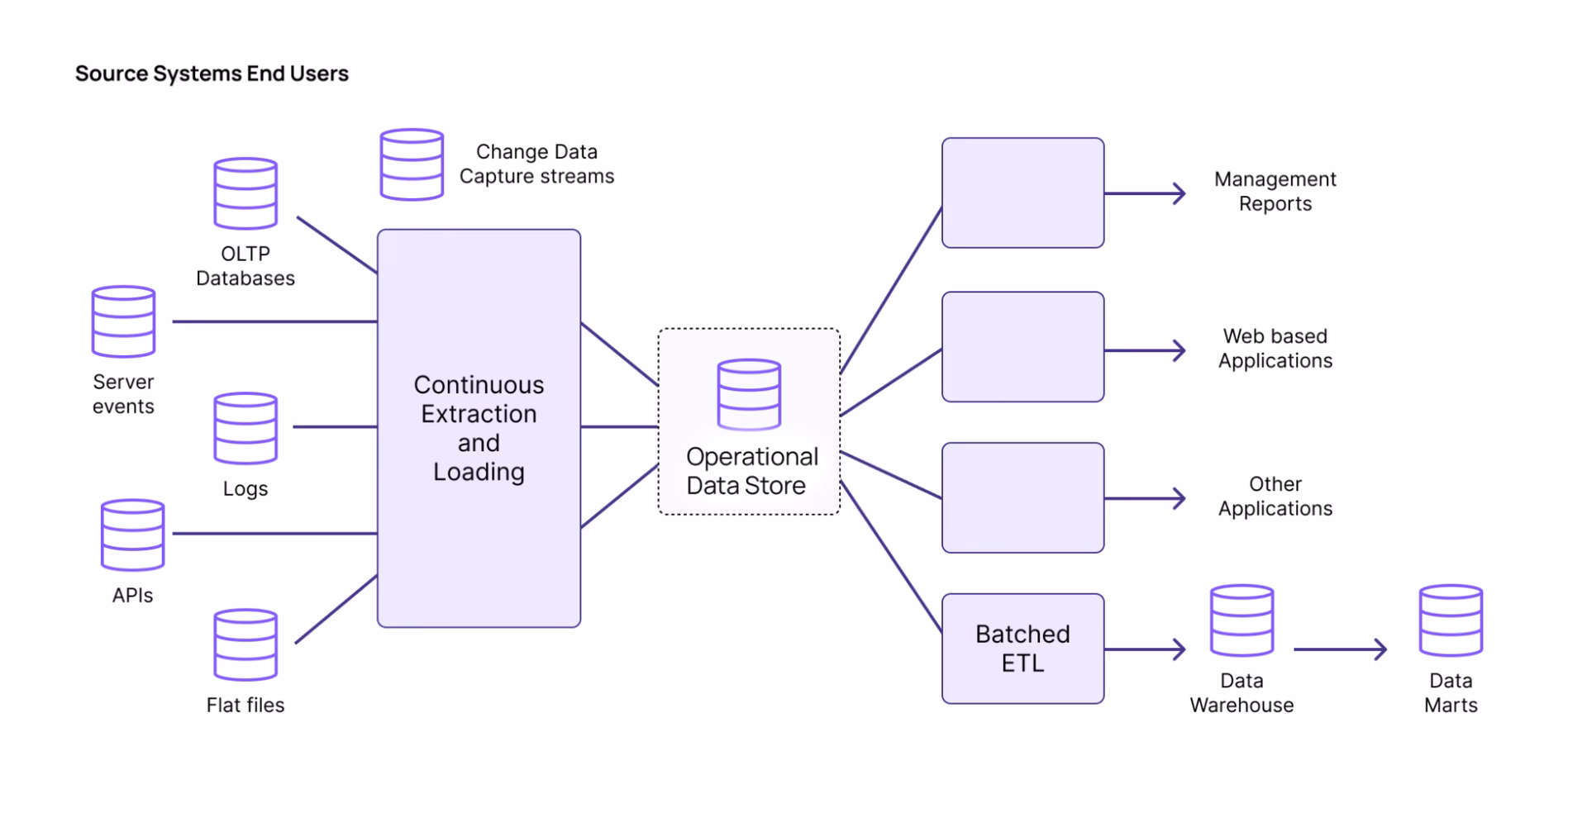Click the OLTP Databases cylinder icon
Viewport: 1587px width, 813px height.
pyautogui.click(x=245, y=193)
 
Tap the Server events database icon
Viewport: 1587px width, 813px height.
pyautogui.click(x=123, y=321)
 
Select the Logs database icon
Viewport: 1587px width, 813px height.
pyautogui.click(x=245, y=428)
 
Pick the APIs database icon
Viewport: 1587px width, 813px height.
pyautogui.click(x=132, y=535)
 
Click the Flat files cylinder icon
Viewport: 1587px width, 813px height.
pyautogui.click(x=245, y=644)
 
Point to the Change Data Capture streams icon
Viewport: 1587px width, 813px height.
pyautogui.click(x=412, y=164)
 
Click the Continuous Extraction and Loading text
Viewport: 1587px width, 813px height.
pyautogui.click(x=479, y=428)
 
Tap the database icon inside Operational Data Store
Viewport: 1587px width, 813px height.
pyautogui.click(x=749, y=394)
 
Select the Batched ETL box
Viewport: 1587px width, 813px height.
pyautogui.click(x=1022, y=649)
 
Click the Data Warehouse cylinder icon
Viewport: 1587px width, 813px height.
pyautogui.click(x=1241, y=620)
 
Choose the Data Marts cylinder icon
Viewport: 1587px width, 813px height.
pyautogui.click(x=1451, y=620)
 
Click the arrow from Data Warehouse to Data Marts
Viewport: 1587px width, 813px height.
pyautogui.click(x=1339, y=649)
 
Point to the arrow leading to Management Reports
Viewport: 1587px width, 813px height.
pyautogui.click(x=1145, y=194)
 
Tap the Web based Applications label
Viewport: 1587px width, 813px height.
pyautogui.click(x=1275, y=348)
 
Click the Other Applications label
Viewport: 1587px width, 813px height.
pyautogui.click(x=1275, y=496)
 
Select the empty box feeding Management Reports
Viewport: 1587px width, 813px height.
pyautogui.click(x=1022, y=193)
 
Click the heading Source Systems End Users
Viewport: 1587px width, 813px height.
pyautogui.click(x=212, y=74)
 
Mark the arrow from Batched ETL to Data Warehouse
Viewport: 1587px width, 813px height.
pyautogui.click(x=1145, y=649)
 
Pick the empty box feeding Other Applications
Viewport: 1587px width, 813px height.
pyautogui.click(x=1022, y=497)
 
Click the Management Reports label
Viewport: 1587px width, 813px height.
pyautogui.click(x=1275, y=191)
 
